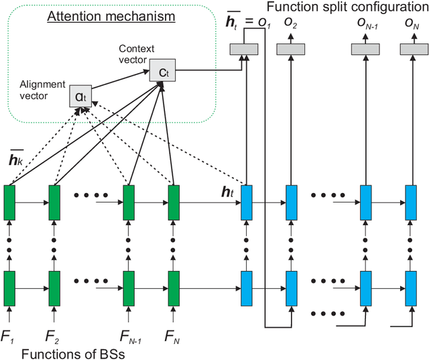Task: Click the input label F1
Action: pyautogui.click(x=9, y=331)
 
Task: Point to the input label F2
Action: pyautogui.click(x=52, y=331)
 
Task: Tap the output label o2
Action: pyautogui.click(x=291, y=25)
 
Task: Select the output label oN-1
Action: pyautogui.click(x=365, y=25)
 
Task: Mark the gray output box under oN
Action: pyautogui.click(x=409, y=48)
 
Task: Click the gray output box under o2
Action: pyautogui.click(x=291, y=48)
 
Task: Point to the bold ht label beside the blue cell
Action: pyautogui.click(x=227, y=191)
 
